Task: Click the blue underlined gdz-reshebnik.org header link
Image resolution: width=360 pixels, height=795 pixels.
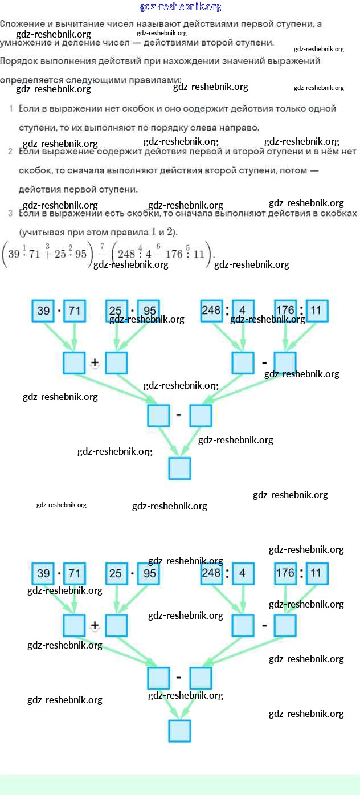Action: tap(180, 7)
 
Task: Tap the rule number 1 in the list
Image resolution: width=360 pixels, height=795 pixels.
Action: tap(11, 108)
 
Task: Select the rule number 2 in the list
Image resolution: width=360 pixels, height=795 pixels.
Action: tap(11, 152)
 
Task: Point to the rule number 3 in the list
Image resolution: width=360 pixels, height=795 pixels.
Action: tap(11, 214)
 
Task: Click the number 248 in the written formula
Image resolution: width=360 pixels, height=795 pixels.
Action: tap(126, 254)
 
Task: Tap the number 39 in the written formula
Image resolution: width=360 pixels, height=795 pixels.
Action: tap(15, 254)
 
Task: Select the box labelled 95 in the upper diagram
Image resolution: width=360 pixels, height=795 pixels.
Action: tap(149, 311)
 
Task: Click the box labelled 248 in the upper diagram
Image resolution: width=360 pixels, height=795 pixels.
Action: tap(211, 311)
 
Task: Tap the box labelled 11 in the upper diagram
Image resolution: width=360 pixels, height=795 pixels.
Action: tap(317, 311)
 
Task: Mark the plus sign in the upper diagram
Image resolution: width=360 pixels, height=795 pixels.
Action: tap(95, 363)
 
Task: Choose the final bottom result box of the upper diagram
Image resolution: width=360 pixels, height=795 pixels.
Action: tap(179, 468)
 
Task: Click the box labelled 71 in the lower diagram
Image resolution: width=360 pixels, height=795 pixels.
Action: tap(75, 573)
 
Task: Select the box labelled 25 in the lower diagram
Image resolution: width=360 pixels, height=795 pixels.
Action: tap(116, 573)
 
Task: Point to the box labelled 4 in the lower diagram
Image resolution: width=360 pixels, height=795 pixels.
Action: tap(243, 573)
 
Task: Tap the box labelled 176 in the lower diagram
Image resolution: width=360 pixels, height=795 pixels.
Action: tap(285, 573)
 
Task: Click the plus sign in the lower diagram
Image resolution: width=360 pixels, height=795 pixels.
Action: tap(95, 625)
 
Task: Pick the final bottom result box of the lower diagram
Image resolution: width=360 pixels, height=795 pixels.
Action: tap(179, 731)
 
